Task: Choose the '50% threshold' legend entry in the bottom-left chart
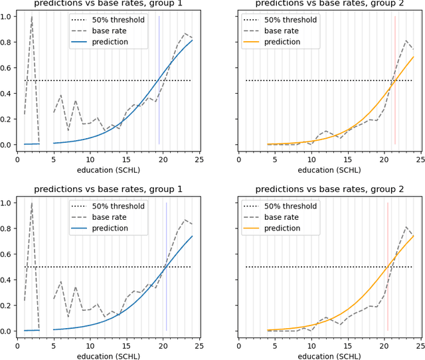tap(118, 207)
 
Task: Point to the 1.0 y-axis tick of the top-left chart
tap(7, 16)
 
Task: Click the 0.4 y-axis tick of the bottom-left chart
tap(7, 280)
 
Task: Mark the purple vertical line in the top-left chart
tap(159, 80)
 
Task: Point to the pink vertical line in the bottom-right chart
tap(388, 266)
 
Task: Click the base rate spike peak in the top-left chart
tap(32, 17)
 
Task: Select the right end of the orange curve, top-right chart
tap(414, 56)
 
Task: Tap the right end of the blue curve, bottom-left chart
tap(192, 236)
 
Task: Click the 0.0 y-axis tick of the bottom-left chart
tap(7, 331)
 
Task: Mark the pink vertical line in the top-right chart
tap(395, 80)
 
